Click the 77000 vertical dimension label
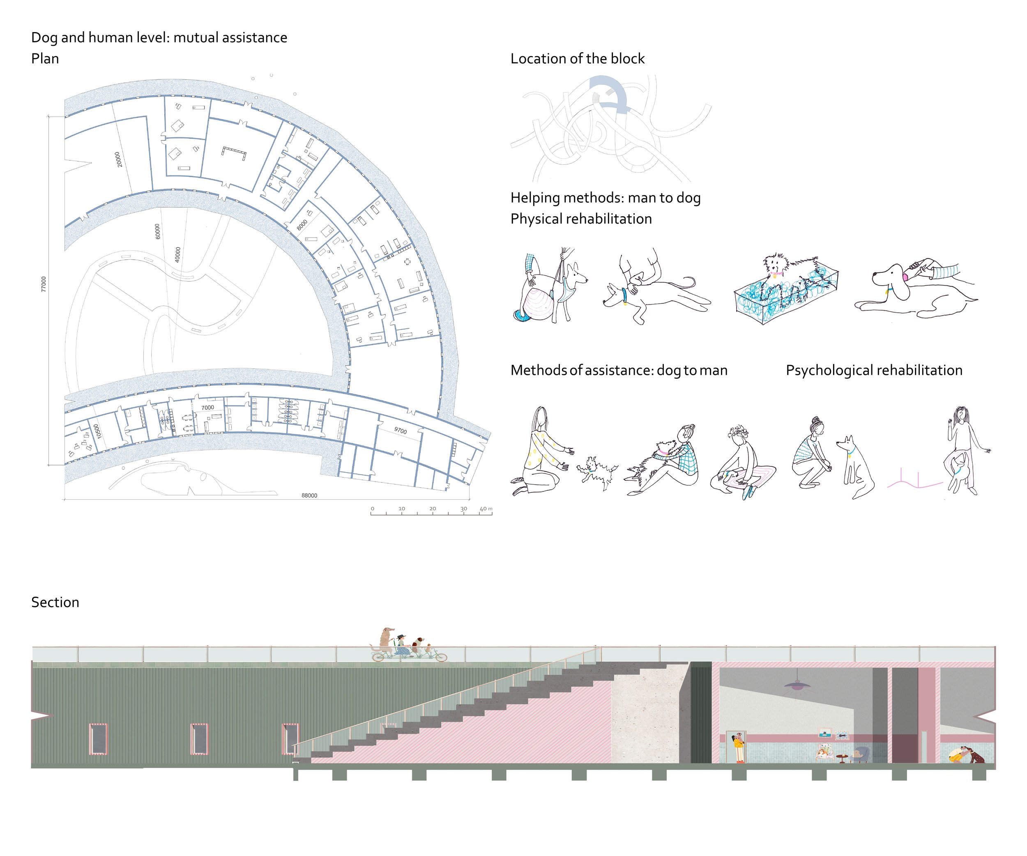(x=44, y=284)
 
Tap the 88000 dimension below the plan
(x=309, y=496)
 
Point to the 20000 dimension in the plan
(x=117, y=159)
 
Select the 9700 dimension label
(x=401, y=430)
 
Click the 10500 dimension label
(x=97, y=431)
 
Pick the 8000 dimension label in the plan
(x=302, y=224)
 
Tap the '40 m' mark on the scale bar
(x=486, y=509)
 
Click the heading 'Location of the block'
(x=577, y=59)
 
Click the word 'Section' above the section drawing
(x=55, y=602)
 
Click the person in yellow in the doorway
(x=739, y=747)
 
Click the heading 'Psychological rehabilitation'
(x=874, y=370)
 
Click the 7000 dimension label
(x=207, y=408)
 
